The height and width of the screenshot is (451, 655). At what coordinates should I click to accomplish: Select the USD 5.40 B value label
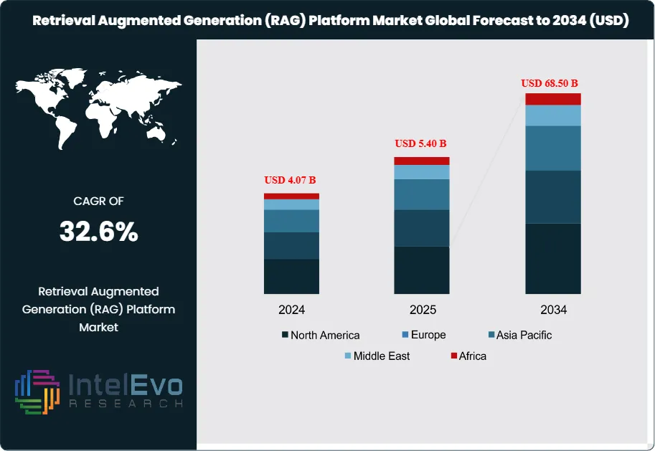[x=422, y=143]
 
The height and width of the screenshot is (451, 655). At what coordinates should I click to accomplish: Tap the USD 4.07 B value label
[x=291, y=179]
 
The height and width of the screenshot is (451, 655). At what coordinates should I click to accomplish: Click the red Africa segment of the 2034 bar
[x=552, y=99]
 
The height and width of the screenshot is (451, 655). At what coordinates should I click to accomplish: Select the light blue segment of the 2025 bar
[x=422, y=172]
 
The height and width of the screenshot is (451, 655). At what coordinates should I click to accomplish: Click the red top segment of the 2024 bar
[x=291, y=196]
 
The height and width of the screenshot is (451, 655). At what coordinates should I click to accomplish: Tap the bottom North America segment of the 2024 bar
[x=291, y=276]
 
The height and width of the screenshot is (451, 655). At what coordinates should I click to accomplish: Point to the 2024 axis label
[x=292, y=310]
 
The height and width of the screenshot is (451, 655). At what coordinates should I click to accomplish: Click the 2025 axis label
[x=423, y=310]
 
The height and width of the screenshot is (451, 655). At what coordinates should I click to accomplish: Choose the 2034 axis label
[x=553, y=310]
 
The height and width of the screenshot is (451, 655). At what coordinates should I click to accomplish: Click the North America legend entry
[x=321, y=335]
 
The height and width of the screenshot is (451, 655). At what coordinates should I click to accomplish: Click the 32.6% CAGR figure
[x=98, y=232]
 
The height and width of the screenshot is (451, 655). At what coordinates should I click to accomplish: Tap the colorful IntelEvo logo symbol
[x=37, y=392]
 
